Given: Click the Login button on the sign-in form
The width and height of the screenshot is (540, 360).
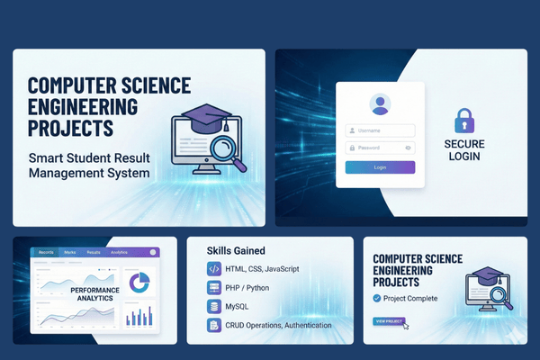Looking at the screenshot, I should [x=380, y=167].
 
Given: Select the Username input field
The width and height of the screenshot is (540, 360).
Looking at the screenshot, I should [x=380, y=130].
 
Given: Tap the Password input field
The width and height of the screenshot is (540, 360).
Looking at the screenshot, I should [x=380, y=148].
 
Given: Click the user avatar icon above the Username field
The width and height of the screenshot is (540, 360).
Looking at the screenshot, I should [x=380, y=104].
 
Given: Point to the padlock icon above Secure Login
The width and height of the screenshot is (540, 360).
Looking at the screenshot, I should [x=464, y=121].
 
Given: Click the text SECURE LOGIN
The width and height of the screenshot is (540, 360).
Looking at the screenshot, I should [x=464, y=150].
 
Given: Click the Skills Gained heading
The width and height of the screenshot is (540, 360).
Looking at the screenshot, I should [x=236, y=250].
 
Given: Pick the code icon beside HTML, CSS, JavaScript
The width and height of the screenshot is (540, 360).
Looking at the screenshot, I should [x=214, y=269].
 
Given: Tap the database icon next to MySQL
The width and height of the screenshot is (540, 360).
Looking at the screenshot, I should [x=214, y=307].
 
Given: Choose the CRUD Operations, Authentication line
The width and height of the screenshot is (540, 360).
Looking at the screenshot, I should [x=280, y=326].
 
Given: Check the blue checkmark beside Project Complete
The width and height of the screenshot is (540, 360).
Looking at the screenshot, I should [x=377, y=299].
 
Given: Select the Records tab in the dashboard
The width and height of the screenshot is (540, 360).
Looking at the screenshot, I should [x=44, y=253].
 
